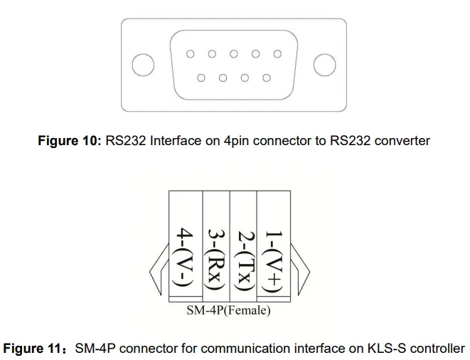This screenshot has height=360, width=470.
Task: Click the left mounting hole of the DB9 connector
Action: pos(143,65)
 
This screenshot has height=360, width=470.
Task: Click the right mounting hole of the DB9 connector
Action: pos(324,65)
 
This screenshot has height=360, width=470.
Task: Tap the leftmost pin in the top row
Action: pos(190,53)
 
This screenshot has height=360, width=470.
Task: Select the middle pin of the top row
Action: pos(233,53)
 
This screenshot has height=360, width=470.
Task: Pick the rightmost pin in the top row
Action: pos(277,53)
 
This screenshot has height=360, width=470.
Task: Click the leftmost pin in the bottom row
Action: pos(201,78)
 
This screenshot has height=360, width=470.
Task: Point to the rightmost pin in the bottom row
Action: pos(267,78)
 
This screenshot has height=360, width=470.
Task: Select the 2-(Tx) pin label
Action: pos(244,260)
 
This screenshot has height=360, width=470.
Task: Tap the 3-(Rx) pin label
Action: pos(216,260)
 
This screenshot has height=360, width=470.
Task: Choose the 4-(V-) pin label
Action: pos(185,260)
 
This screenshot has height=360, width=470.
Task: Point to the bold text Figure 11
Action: pos(35,349)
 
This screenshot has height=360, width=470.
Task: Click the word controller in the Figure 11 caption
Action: pos(437,349)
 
